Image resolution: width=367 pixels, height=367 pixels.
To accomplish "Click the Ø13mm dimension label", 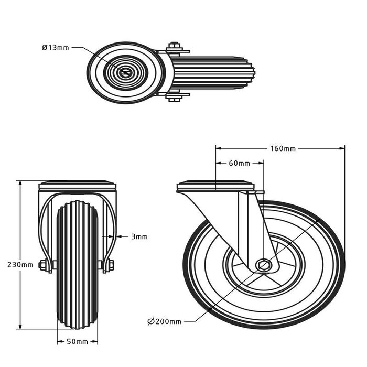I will tap(56, 47).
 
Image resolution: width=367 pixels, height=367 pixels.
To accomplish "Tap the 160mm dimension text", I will tap(282, 148).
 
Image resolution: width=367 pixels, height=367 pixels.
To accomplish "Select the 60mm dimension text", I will tap(239, 163).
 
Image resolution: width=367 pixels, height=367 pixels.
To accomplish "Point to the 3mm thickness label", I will tap(139, 236).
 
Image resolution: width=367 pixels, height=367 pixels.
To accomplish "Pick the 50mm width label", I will tap(78, 342).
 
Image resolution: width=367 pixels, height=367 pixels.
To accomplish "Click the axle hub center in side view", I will tap(264, 265).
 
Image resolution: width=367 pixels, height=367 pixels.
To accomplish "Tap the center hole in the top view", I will tap(125, 73).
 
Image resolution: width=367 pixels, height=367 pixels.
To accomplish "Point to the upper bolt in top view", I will tap(175, 49).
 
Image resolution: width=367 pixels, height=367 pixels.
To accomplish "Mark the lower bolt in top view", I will tap(175, 96).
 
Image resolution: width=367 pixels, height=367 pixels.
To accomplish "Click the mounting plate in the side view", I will tap(215, 186).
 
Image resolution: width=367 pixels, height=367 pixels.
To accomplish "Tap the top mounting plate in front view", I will tap(77, 186).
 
